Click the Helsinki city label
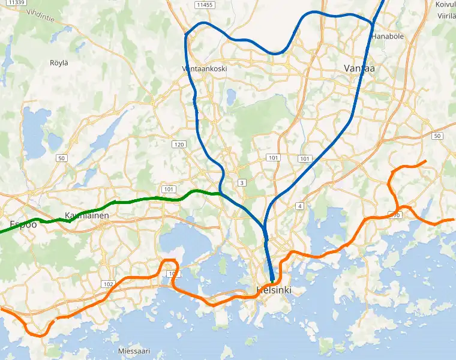[x=274, y=290]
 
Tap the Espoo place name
[x=23, y=225]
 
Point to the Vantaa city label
[x=359, y=68]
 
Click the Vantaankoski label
[x=204, y=68]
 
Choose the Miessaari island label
[x=134, y=351]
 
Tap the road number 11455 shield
[x=205, y=5]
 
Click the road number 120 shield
[x=179, y=145]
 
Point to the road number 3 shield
[x=242, y=182]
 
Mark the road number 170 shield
[x=395, y=214]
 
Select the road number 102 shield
[x=109, y=284]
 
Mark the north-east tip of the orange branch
[x=426, y=161]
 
